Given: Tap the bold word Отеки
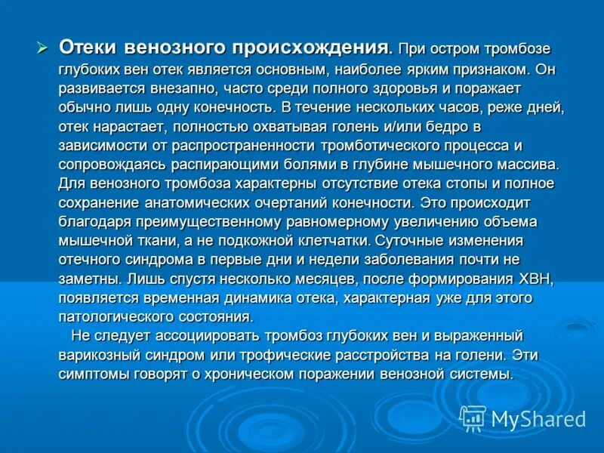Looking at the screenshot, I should pyautogui.click(x=88, y=48).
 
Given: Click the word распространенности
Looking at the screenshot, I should pyautogui.click(x=242, y=145).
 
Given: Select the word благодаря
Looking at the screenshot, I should pyautogui.click(x=94, y=222).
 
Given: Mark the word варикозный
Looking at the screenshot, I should pyautogui.click(x=97, y=355).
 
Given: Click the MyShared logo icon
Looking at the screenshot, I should pyautogui.click(x=473, y=418).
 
